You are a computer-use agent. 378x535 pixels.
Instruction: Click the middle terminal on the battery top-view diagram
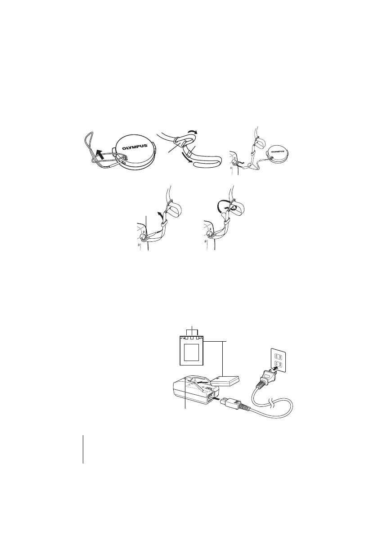coord(193,338)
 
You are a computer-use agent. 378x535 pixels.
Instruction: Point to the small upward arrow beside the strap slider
coord(158,214)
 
